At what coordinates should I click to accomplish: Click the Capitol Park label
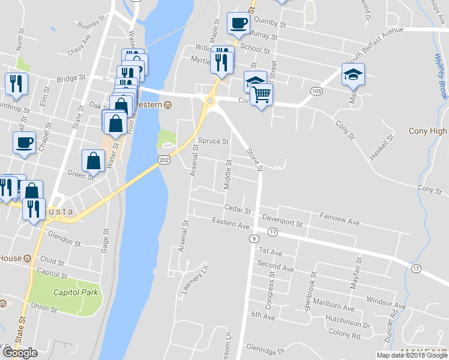(x=76, y=293)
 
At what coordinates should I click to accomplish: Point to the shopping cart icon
(x=261, y=94)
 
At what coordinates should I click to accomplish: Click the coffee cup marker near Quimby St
(x=238, y=23)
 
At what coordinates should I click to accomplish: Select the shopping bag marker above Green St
(x=94, y=160)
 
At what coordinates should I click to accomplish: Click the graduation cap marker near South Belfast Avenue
(x=354, y=74)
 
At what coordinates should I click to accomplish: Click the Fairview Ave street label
(x=339, y=218)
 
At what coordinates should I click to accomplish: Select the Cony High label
(x=427, y=131)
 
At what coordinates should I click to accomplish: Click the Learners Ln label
(x=196, y=280)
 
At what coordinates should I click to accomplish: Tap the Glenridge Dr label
(x=264, y=347)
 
